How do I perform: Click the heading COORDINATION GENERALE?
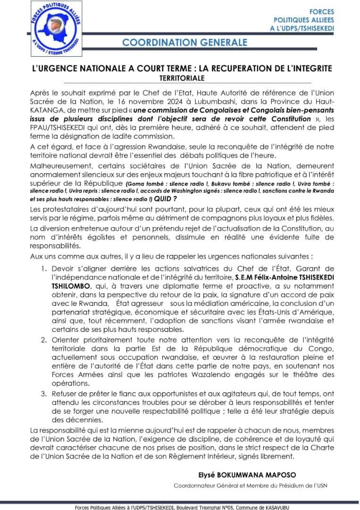(x=184, y=42)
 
